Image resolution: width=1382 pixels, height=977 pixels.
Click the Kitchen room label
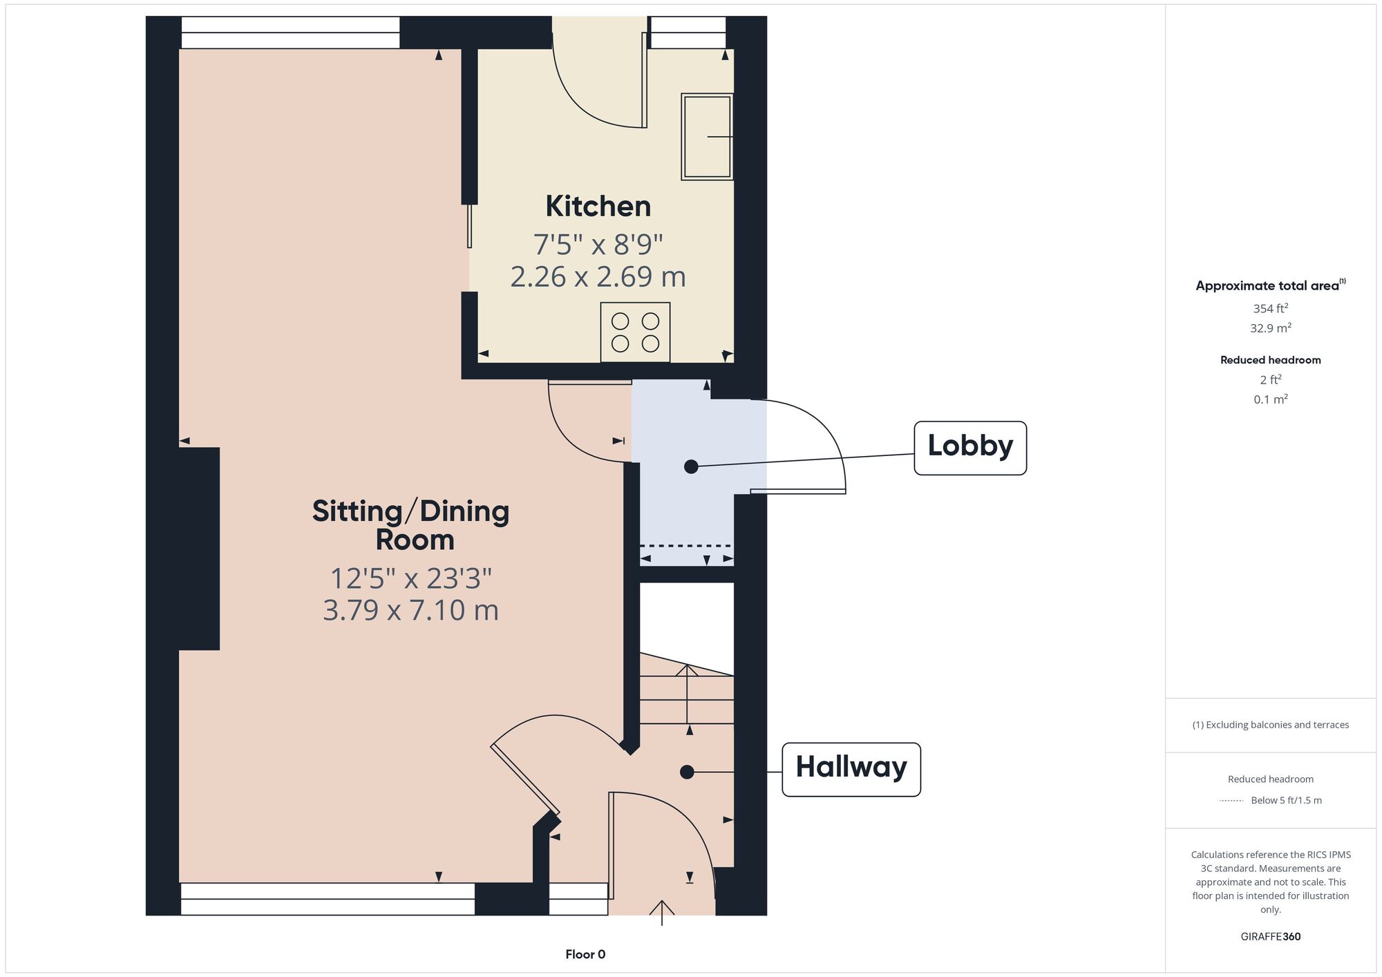598,206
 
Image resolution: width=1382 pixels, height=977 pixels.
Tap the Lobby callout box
970,448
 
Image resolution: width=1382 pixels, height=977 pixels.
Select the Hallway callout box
851,770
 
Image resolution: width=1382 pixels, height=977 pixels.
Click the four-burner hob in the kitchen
635,332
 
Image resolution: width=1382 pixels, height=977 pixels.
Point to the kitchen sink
707,137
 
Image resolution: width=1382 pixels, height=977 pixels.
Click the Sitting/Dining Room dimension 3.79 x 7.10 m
410,610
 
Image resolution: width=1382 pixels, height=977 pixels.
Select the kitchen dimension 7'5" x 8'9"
598,244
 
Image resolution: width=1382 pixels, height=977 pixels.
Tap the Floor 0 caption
585,954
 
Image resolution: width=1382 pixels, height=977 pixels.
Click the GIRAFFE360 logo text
1271,937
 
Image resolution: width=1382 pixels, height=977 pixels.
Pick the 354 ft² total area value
1271,308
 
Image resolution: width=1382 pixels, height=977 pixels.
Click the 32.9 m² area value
1271,328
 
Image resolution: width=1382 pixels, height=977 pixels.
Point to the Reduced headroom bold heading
1271,360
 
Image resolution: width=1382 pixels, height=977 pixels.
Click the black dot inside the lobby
691,467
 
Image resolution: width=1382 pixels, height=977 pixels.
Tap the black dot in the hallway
687,772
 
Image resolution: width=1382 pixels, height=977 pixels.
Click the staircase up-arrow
687,694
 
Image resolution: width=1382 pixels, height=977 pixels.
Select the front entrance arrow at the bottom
662,913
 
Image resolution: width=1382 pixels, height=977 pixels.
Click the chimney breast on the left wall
199,549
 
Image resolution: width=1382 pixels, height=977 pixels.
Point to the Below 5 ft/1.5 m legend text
1286,800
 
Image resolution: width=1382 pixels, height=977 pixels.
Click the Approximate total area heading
1271,285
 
